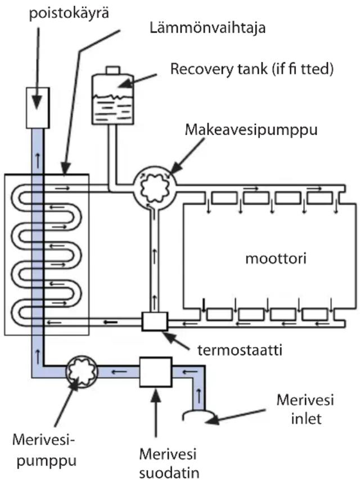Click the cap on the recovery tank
(x=113, y=69)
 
